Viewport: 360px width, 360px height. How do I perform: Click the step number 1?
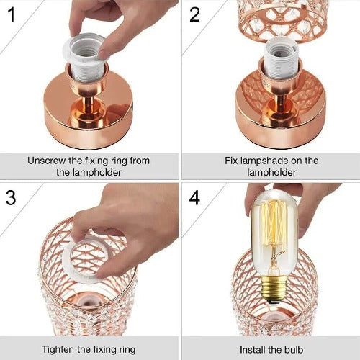pos(12,14)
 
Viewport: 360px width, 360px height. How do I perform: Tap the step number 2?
pos(194,14)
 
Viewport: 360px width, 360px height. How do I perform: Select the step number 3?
pos(11,197)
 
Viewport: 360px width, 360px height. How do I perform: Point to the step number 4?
pos(194,197)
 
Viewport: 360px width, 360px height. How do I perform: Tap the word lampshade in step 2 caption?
pos(264,161)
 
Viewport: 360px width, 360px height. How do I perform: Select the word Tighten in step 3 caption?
pos(58,349)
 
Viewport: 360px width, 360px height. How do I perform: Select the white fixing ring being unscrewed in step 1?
pos(85,49)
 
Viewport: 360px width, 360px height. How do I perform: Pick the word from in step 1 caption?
pos(140,161)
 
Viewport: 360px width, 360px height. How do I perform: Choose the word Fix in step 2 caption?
pos(231,161)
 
